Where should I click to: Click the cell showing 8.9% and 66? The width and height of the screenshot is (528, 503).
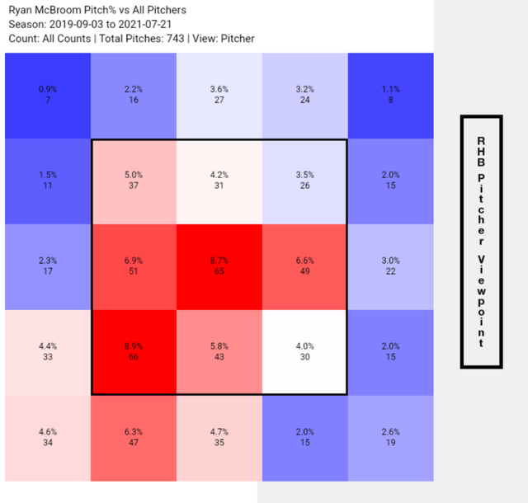pyautogui.click(x=134, y=352)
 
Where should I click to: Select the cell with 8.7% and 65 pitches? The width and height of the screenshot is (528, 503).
pyautogui.click(x=219, y=267)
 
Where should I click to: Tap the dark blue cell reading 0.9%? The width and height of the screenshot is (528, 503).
pyautogui.click(x=48, y=96)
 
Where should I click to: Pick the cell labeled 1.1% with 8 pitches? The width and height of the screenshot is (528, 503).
pyautogui.click(x=390, y=96)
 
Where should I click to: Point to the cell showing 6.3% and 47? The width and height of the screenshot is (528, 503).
pyautogui.click(x=134, y=438)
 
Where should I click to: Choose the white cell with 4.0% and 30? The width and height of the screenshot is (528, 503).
pyautogui.click(x=304, y=352)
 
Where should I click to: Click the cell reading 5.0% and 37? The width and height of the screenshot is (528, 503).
pyautogui.click(x=134, y=181)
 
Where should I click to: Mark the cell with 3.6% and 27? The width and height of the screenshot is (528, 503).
pyautogui.click(x=219, y=96)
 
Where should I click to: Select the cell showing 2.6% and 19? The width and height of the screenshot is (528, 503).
pyautogui.click(x=390, y=438)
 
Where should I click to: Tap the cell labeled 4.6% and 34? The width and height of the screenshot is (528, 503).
pyautogui.click(x=48, y=438)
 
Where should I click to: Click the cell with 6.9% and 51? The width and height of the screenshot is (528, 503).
pyautogui.click(x=134, y=267)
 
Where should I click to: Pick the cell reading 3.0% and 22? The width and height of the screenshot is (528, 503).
pyautogui.click(x=390, y=267)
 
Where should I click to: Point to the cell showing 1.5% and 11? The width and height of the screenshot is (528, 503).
pyautogui.click(x=48, y=181)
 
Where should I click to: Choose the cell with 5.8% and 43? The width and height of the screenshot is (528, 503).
pyautogui.click(x=219, y=352)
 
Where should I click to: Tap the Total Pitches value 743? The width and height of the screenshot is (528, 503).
pyautogui.click(x=175, y=39)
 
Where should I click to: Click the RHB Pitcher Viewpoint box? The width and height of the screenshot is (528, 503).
pyautogui.click(x=482, y=242)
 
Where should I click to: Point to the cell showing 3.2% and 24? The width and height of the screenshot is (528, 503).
pyautogui.click(x=304, y=96)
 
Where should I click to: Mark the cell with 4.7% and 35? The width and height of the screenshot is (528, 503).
pyautogui.click(x=219, y=438)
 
